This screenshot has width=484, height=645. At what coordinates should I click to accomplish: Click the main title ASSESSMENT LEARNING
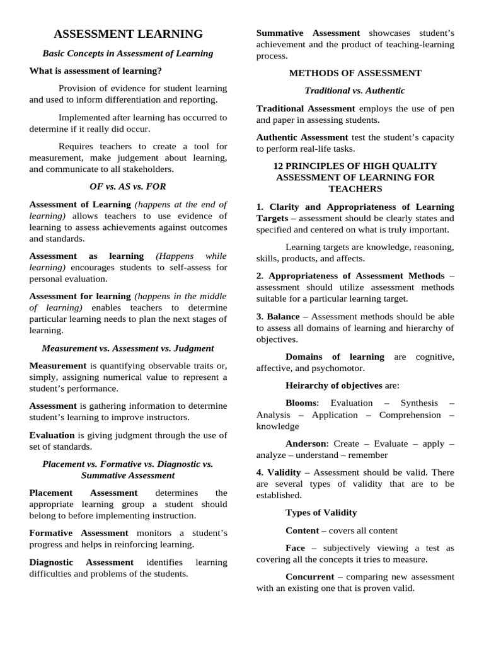128,34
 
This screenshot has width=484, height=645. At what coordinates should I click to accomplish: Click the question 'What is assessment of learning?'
95,71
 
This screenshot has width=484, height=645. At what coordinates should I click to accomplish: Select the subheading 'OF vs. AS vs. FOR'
128,186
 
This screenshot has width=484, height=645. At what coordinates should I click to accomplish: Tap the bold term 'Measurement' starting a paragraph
57,365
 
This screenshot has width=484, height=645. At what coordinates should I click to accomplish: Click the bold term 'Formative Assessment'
79,533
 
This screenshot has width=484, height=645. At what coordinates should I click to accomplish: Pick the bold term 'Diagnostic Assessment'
81,562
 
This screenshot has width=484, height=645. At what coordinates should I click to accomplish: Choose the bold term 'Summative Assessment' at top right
308,33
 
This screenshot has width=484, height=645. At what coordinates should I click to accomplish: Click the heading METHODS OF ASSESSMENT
355,73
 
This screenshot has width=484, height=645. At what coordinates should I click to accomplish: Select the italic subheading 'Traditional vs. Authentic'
355,91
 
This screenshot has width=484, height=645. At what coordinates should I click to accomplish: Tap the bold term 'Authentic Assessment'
302,137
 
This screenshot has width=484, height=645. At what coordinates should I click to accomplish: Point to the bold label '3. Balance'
278,316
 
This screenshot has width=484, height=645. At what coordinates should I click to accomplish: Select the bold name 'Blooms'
302,403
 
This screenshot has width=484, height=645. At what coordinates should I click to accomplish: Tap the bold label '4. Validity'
279,472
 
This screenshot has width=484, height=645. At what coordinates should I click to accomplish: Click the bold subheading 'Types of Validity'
321,513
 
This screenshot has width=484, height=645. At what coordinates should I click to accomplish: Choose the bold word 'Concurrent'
310,577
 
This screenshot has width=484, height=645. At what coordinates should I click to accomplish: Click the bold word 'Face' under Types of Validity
295,548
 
